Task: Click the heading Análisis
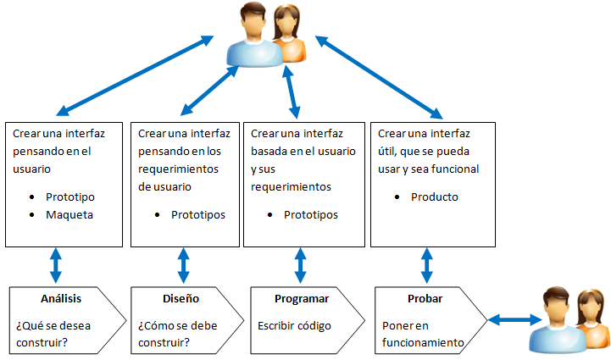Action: click(59, 299)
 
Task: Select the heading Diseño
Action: click(181, 299)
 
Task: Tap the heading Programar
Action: click(302, 299)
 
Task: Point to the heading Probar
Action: click(424, 299)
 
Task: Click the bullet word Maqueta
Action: click(70, 214)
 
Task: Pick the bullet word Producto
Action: click(435, 197)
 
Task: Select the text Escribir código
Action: click(294, 325)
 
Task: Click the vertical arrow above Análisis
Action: click(56, 265)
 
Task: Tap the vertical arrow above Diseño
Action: click(182, 265)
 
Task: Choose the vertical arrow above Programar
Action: click(300, 265)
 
